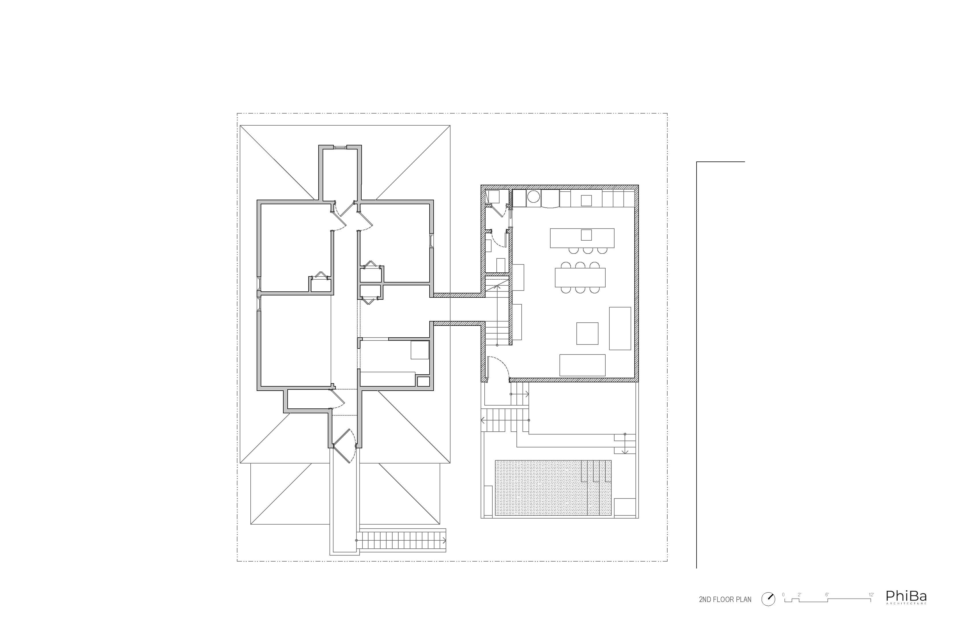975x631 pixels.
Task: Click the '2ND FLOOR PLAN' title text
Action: click(725, 600)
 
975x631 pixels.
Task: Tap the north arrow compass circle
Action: click(768, 599)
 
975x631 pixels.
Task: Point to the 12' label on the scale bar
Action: click(871, 595)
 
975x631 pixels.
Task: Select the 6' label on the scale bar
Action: click(827, 595)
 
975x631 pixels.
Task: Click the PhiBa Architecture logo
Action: click(906, 597)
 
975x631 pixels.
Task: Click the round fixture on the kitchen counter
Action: click(533, 197)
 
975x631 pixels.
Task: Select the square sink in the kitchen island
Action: click(586, 235)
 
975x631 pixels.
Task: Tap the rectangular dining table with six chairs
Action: click(580, 277)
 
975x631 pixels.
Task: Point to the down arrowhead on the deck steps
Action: click(625, 452)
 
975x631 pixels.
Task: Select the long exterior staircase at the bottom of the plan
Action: click(402, 541)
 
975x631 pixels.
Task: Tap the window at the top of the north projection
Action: click(340, 147)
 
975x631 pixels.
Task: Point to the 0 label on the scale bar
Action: click(783, 595)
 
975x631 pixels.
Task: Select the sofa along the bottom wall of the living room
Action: click(582, 365)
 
